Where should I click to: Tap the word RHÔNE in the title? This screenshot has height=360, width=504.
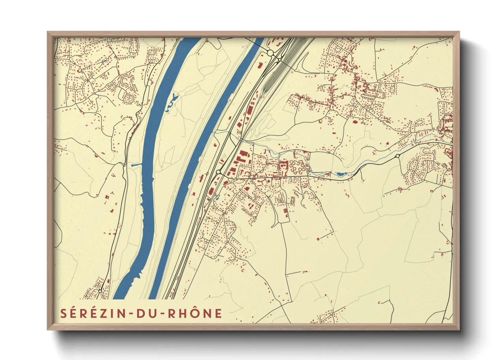195,314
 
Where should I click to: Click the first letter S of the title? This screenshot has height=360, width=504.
64,314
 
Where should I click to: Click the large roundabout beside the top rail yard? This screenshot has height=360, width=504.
270,53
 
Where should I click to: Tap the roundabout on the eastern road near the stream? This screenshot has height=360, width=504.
397,156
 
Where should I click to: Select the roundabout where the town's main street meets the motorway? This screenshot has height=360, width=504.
218,172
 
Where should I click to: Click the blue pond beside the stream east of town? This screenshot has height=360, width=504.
340,174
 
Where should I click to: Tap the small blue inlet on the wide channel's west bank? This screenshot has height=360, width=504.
136,165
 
